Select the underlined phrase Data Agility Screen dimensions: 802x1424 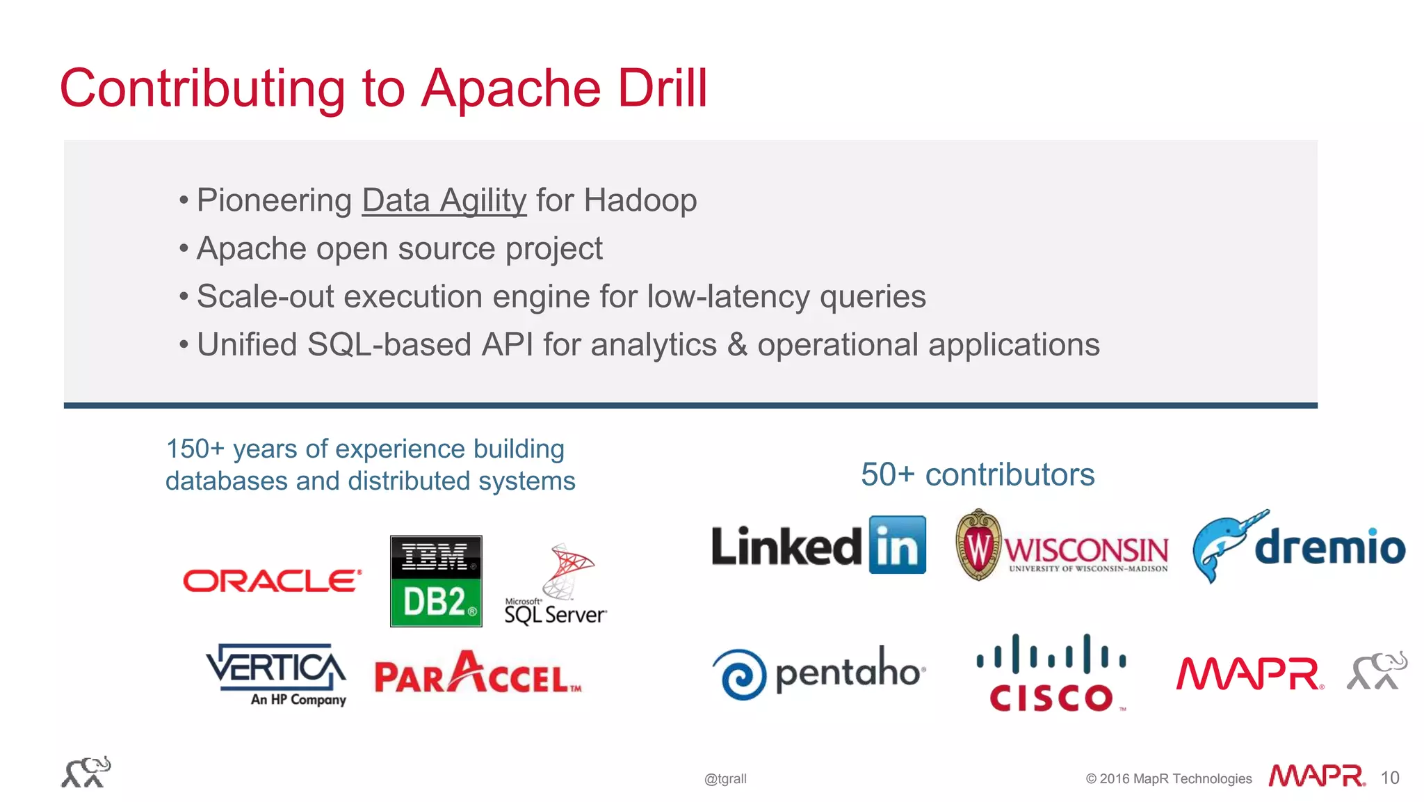pos(444,201)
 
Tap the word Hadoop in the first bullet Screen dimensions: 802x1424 pos(640,201)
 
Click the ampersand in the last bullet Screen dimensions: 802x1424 pos(736,345)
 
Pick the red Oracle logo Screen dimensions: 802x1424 pos(272,581)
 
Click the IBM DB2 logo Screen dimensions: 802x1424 pos(436,581)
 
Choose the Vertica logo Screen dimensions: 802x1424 pos(276,673)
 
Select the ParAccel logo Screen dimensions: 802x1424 pos(478,673)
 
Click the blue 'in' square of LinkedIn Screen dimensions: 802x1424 pos(897,545)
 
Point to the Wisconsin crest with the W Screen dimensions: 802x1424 pos(978,545)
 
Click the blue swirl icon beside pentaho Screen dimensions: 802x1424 pos(740,674)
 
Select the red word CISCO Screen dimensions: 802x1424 pos(1051,698)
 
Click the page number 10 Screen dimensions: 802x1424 pos(1389,778)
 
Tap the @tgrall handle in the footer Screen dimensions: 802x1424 pos(725,779)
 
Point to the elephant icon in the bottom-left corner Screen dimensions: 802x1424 pos(86,772)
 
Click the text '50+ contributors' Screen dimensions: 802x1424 pos(977,475)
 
